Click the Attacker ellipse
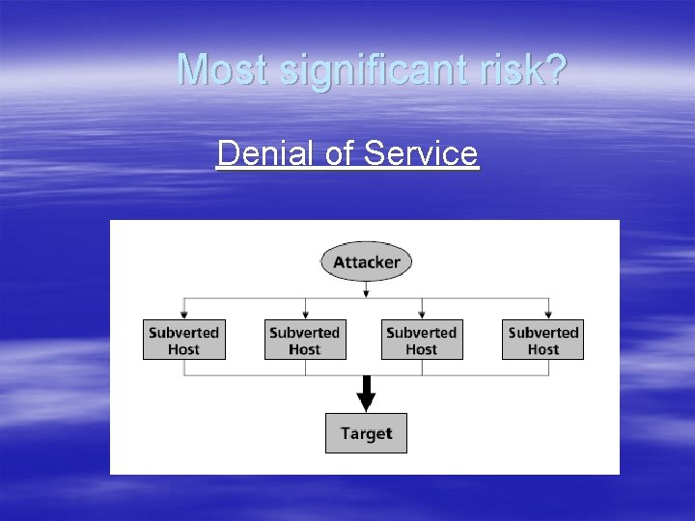(x=366, y=261)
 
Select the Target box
(x=366, y=433)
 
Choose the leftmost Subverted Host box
(x=183, y=340)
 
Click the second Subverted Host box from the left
(x=305, y=340)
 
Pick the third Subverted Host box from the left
(x=422, y=340)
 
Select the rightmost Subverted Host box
(x=542, y=340)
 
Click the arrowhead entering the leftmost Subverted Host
(x=183, y=315)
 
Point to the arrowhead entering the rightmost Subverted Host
(x=548, y=315)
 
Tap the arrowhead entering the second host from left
(x=305, y=315)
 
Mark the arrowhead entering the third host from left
(x=422, y=315)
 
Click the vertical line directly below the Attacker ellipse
(x=366, y=289)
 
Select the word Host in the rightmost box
(x=542, y=349)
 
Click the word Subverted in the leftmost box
(x=183, y=332)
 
